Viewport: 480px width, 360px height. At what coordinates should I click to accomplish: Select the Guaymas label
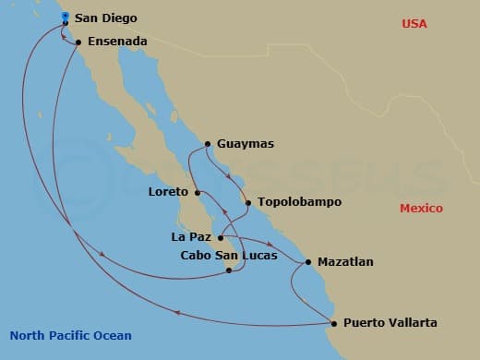(245, 144)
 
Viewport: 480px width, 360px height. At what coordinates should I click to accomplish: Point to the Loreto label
(168, 193)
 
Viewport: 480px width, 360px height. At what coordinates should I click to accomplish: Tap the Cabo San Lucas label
(228, 255)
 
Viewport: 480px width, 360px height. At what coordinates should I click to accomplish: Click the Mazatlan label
(345, 262)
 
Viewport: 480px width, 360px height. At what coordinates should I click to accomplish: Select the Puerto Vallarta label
(390, 323)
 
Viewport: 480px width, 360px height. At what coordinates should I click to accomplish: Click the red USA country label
(414, 23)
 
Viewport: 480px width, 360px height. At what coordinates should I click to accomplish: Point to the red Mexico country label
(421, 209)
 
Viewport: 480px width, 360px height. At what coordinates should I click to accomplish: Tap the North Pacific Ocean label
(70, 336)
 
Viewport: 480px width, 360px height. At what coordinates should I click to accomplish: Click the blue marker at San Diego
(65, 17)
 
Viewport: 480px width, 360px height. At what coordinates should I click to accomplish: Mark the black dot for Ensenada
(78, 42)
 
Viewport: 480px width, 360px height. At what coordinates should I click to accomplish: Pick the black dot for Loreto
(198, 193)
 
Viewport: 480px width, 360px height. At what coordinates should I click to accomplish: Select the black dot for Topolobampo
(246, 201)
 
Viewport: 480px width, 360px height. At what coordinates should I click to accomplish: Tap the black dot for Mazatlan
(307, 262)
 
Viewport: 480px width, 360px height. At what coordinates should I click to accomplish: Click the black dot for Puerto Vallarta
(333, 323)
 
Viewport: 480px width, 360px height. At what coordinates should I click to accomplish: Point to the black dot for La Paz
(220, 237)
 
